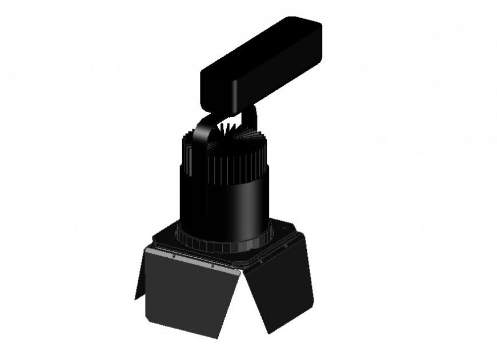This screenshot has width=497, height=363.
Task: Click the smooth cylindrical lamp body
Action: [223, 206]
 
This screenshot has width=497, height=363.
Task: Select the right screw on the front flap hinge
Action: [212, 265]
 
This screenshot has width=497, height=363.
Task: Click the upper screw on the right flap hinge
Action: [284, 244]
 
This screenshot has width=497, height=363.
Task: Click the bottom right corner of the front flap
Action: [218, 336]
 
